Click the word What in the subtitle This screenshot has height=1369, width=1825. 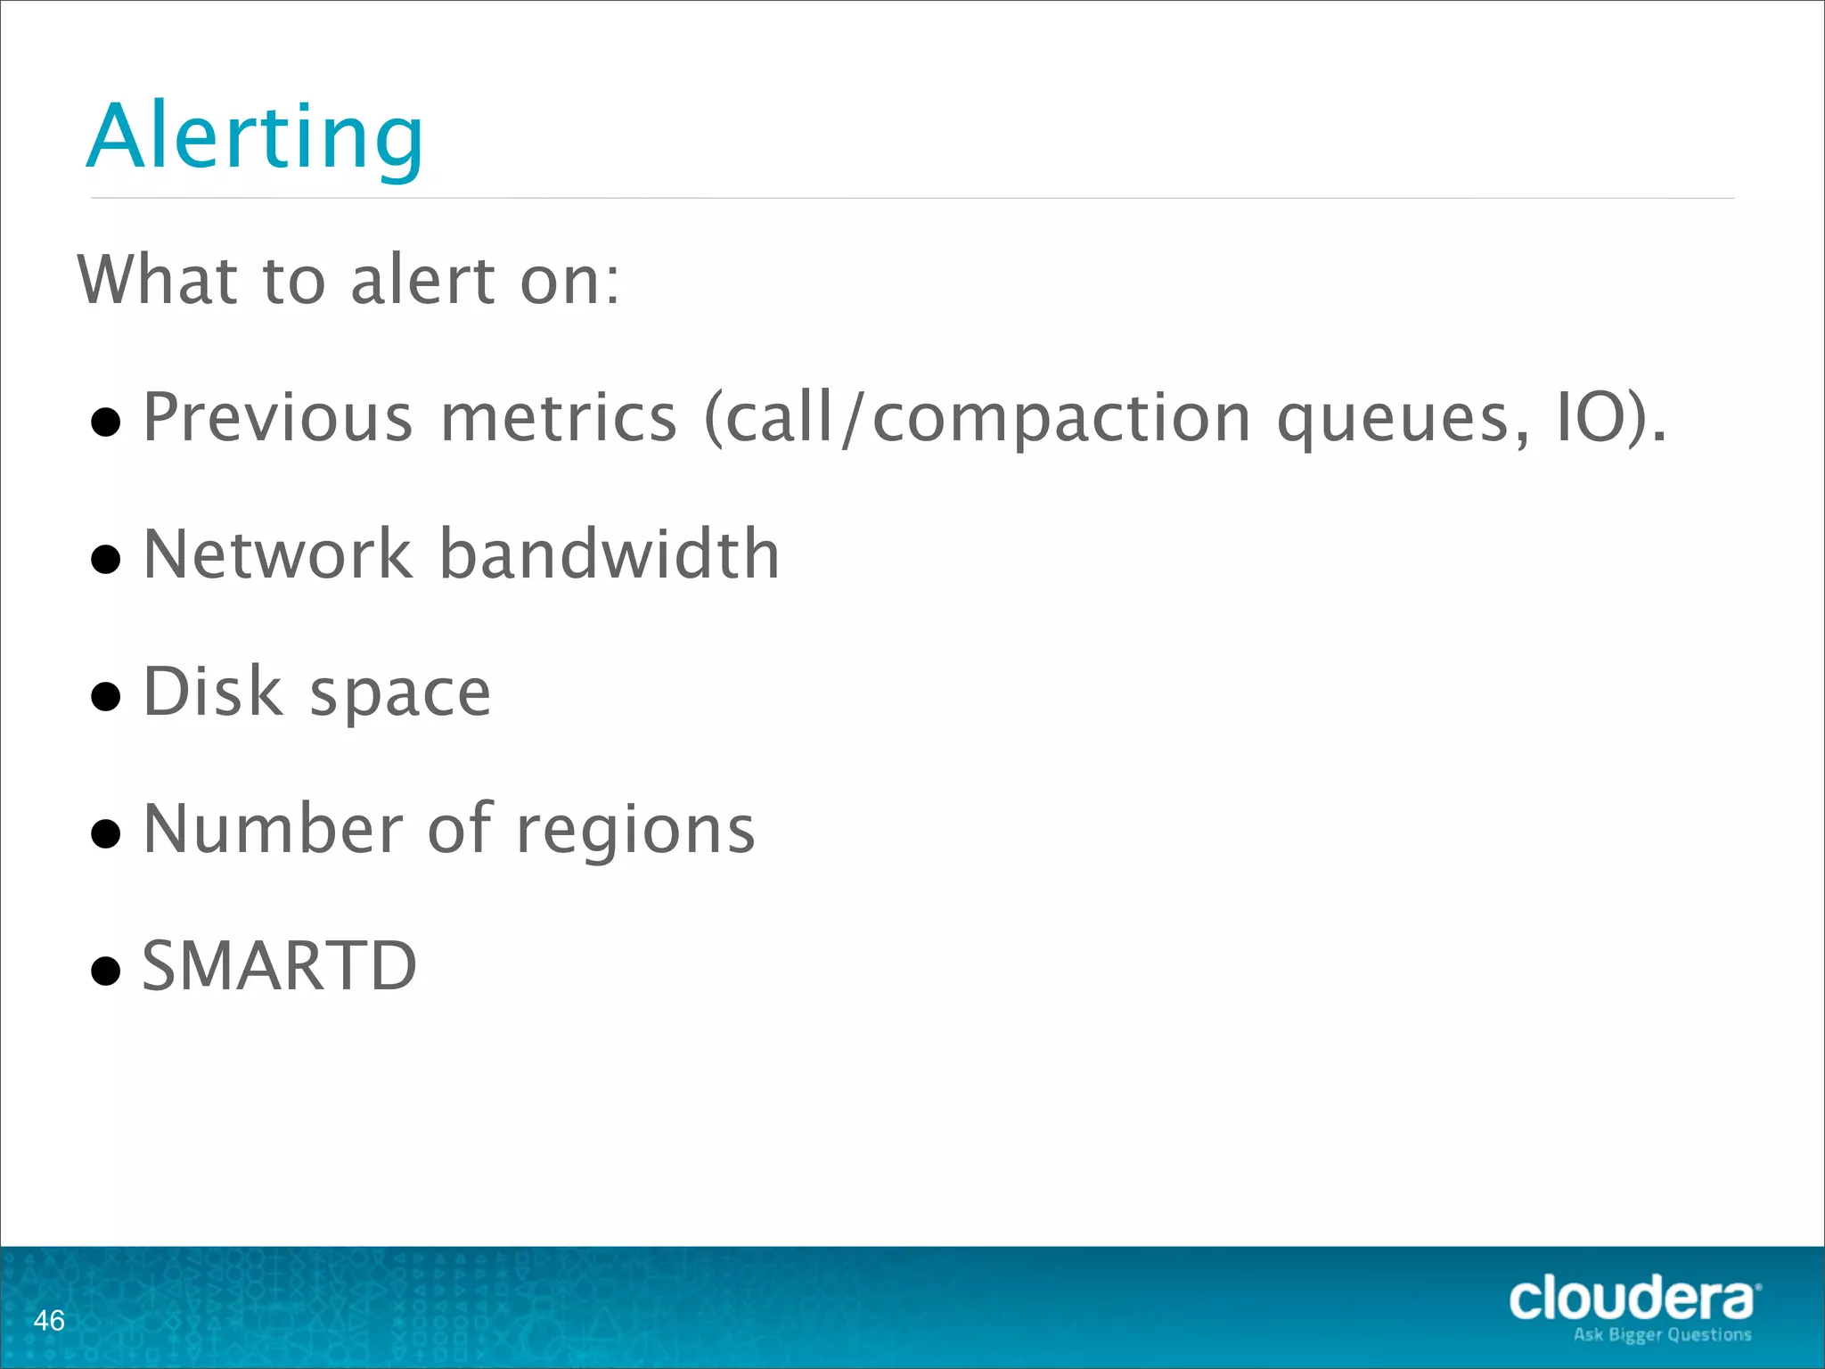click(157, 280)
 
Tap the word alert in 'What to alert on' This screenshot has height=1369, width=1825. click(422, 280)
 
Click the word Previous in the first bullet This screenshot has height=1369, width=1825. click(278, 417)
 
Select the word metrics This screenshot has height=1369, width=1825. click(559, 417)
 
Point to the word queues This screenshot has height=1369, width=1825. click(1402, 419)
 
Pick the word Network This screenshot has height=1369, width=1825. click(277, 554)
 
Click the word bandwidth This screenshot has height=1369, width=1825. click(610, 554)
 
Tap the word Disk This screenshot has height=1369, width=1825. click(213, 692)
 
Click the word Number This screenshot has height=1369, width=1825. click(273, 829)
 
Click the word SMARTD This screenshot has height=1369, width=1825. click(279, 966)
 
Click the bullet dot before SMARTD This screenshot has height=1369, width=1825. click(106, 971)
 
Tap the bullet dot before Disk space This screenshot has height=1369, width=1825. click(106, 696)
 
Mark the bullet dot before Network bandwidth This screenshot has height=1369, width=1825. click(106, 559)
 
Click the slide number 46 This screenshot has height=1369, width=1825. click(49, 1320)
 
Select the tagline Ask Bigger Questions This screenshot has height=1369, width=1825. click(1662, 1334)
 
